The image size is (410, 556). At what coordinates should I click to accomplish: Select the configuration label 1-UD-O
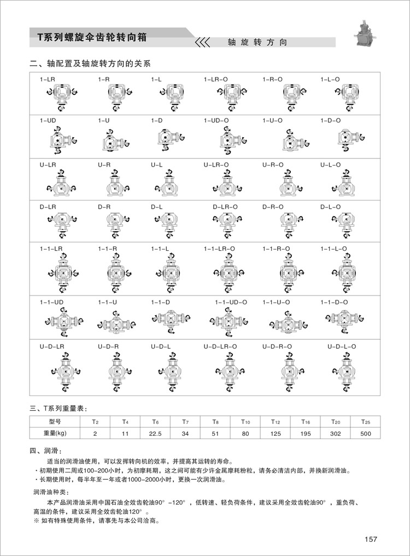tap(216, 120)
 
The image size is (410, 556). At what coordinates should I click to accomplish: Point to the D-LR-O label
tap(225, 206)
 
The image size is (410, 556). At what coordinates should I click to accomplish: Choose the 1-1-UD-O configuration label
tap(231, 302)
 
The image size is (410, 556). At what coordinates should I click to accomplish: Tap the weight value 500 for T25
tap(366, 433)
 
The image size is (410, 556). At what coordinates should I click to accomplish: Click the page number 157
tap(371, 539)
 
